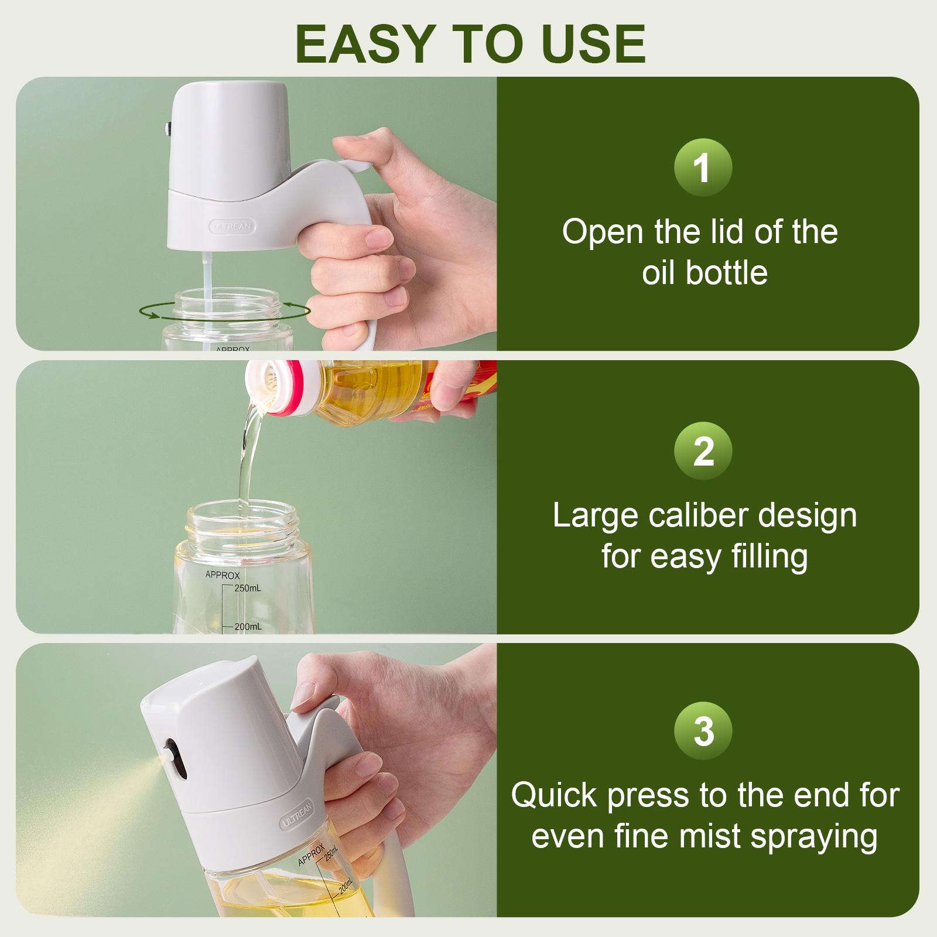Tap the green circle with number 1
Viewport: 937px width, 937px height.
pyautogui.click(x=703, y=168)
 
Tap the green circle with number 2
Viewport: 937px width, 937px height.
pyautogui.click(x=703, y=451)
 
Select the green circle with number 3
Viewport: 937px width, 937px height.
pyautogui.click(x=703, y=732)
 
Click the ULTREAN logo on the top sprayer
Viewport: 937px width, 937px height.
pyautogui.click(x=233, y=225)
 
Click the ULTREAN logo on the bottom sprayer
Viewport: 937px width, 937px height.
pyautogui.click(x=298, y=814)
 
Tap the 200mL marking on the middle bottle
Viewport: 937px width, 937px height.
pyautogui.click(x=248, y=627)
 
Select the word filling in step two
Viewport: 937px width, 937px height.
pyautogui.click(x=770, y=556)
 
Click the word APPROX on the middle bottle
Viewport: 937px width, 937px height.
pyautogui.click(x=223, y=575)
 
